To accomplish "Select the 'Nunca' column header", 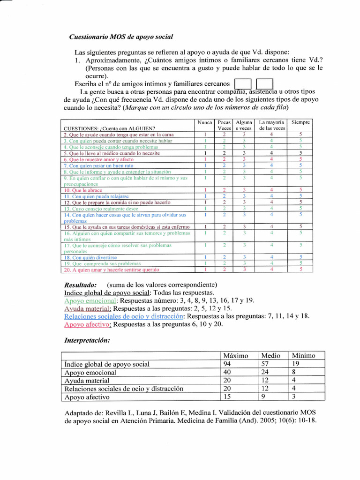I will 205,122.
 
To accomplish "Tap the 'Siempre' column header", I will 300,122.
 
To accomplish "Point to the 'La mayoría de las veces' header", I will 272,125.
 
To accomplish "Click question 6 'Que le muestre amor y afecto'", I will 98,159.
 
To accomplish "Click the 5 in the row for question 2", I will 300,135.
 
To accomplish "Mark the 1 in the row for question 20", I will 205,270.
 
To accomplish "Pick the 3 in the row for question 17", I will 244,245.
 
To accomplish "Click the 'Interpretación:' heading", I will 87,340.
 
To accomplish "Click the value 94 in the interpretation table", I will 228,364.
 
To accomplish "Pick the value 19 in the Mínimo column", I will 296,364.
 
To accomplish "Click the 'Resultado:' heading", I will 80,285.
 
